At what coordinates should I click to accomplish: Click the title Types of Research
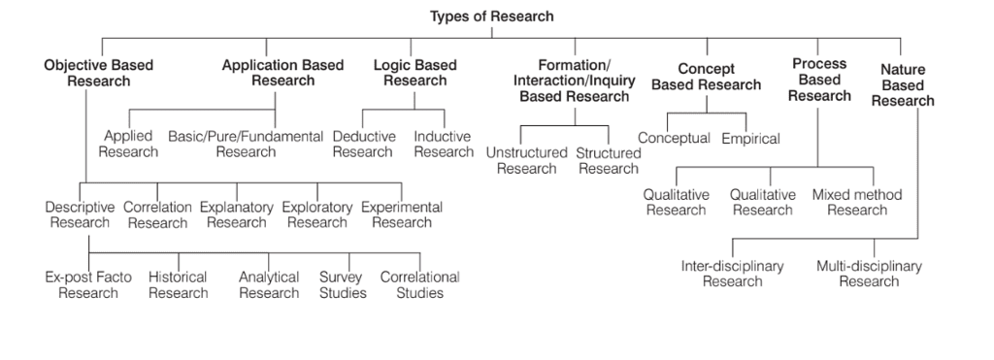pos(492,16)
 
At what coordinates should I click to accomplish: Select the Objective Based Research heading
pos(98,73)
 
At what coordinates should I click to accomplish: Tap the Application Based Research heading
pos(282,73)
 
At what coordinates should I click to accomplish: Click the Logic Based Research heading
pos(414,73)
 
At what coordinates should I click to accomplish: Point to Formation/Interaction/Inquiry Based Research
pos(574,81)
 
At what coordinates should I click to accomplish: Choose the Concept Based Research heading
pos(706,77)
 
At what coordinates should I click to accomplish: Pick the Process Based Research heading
pos(819,80)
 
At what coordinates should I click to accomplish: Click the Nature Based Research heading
pos(903,85)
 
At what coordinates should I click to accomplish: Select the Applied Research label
pos(128,144)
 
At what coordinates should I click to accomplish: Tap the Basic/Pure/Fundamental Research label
pos(246,144)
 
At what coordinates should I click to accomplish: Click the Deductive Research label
pos(363,144)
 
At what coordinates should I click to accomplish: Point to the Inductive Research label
pos(444,144)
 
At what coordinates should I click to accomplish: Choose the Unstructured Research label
pos(527,161)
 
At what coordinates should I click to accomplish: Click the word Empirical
pos(750,139)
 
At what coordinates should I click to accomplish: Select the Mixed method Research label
pos(857,202)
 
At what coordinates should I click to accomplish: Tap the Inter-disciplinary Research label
pos(733,274)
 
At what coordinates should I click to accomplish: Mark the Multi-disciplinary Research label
pos(869,274)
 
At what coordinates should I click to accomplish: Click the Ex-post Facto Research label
pos(88,284)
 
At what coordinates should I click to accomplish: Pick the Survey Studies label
pos(343,284)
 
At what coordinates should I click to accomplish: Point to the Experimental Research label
pos(402,214)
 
